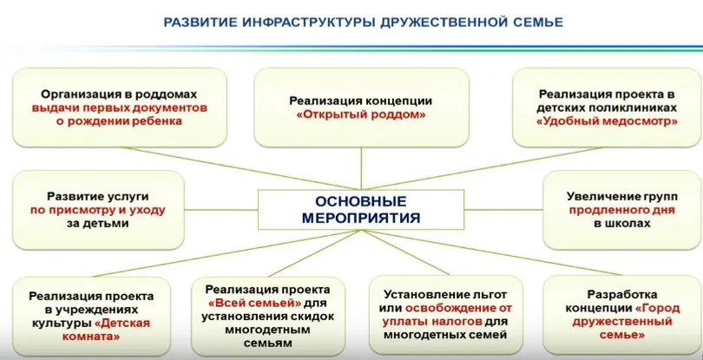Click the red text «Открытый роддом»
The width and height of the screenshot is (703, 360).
coord(361,115)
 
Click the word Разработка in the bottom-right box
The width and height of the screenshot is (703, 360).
coord(621,294)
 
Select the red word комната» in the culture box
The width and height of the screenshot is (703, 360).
coord(91,336)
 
